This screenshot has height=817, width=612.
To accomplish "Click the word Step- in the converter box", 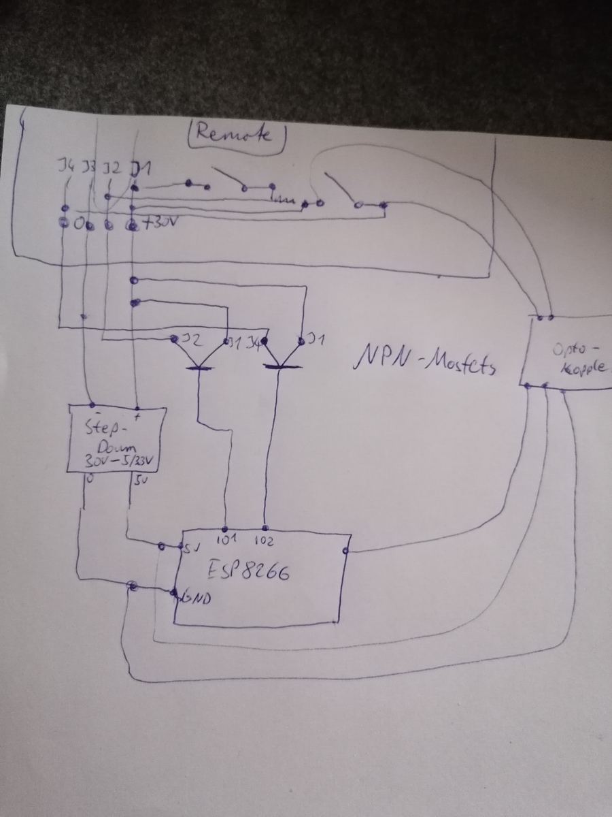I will (x=106, y=428).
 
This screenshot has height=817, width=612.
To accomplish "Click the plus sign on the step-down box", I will (x=139, y=415).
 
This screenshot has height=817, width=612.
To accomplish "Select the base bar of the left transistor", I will (x=199, y=368).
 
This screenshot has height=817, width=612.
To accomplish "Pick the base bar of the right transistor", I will (x=282, y=366).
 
